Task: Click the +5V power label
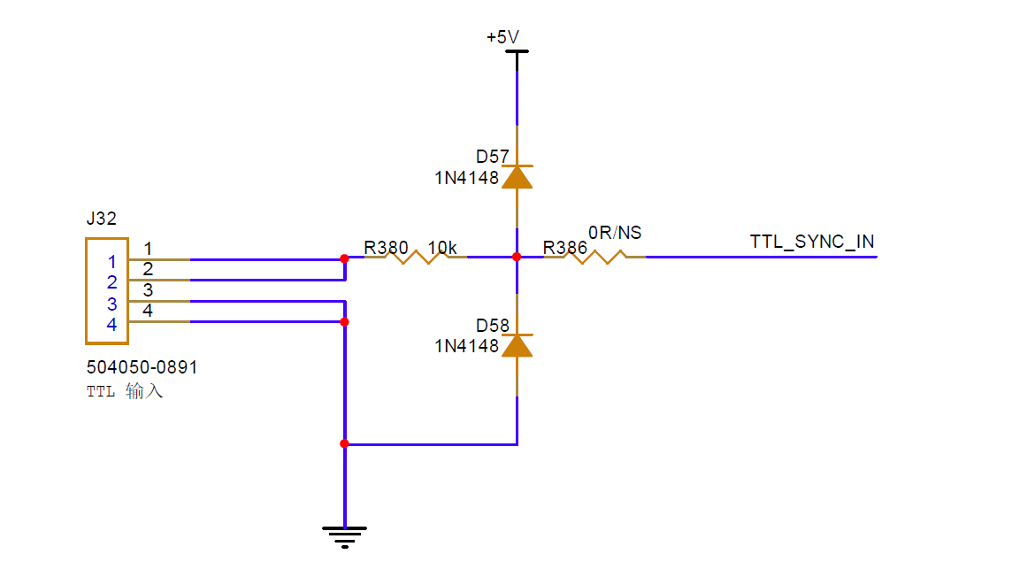502,37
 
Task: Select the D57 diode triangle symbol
517,177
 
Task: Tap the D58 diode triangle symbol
517,345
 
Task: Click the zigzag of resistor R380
417,257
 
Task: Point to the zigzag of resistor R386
594,257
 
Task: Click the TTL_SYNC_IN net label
812,242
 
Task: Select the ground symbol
345,537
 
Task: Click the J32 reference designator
102,219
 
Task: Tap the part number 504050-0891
142,367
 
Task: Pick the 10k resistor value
442,247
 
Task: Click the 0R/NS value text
615,233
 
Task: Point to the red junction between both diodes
517,257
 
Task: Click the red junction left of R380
345,259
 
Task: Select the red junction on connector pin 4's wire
345,321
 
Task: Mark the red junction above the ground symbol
345,443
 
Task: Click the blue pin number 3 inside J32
112,304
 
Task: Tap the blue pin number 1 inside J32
112,261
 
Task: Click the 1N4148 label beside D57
466,178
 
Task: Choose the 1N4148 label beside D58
466,346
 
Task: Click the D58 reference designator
493,326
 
